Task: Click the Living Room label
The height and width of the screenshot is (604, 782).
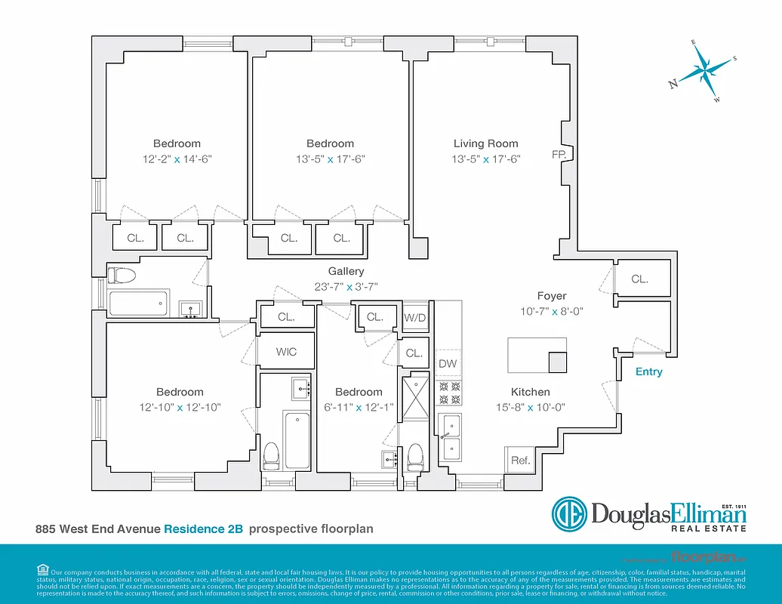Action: tap(485, 143)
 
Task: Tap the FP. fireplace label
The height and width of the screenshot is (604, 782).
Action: tap(559, 155)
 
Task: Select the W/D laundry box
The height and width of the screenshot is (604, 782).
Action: tap(415, 318)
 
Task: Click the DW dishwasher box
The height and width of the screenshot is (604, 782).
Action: tap(448, 364)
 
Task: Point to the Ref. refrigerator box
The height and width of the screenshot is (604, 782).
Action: tap(520, 460)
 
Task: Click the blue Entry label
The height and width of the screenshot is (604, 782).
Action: tap(648, 371)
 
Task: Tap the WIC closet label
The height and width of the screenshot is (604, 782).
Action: tap(286, 352)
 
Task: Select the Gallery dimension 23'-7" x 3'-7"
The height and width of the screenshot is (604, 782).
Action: tap(346, 286)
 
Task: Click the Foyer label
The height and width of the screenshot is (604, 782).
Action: tap(552, 296)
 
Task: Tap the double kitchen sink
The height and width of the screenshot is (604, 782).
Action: tap(451, 437)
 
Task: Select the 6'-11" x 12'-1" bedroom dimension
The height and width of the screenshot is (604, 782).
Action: tap(359, 407)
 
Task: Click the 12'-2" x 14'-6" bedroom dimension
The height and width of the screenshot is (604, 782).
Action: tap(177, 159)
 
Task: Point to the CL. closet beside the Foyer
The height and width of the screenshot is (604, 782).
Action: tap(639, 279)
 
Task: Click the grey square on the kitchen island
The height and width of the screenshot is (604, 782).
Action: tap(557, 362)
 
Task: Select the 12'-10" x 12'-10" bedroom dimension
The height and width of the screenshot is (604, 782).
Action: tap(180, 407)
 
